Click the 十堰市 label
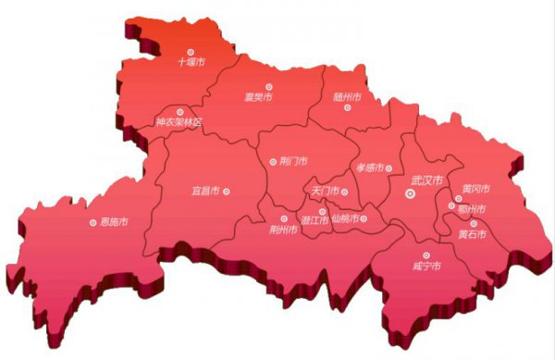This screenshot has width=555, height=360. (x=191, y=64)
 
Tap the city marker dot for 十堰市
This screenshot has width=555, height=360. (x=191, y=52)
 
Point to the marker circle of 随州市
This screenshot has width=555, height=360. (x=348, y=108)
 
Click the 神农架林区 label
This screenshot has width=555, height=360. (x=178, y=122)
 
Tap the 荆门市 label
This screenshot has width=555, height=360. (x=292, y=162)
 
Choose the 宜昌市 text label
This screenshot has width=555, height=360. (x=205, y=192)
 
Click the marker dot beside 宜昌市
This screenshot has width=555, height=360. (x=227, y=192)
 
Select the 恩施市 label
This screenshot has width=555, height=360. (x=115, y=222)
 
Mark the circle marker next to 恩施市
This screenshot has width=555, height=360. (x=92, y=222)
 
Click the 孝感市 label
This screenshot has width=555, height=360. (x=369, y=168)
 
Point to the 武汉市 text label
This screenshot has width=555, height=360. (x=426, y=180)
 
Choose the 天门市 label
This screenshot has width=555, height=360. (x=325, y=192)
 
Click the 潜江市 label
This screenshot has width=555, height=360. (x=314, y=220)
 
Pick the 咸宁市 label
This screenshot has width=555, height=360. (x=426, y=267)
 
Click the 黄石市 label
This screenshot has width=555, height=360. (x=474, y=233)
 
